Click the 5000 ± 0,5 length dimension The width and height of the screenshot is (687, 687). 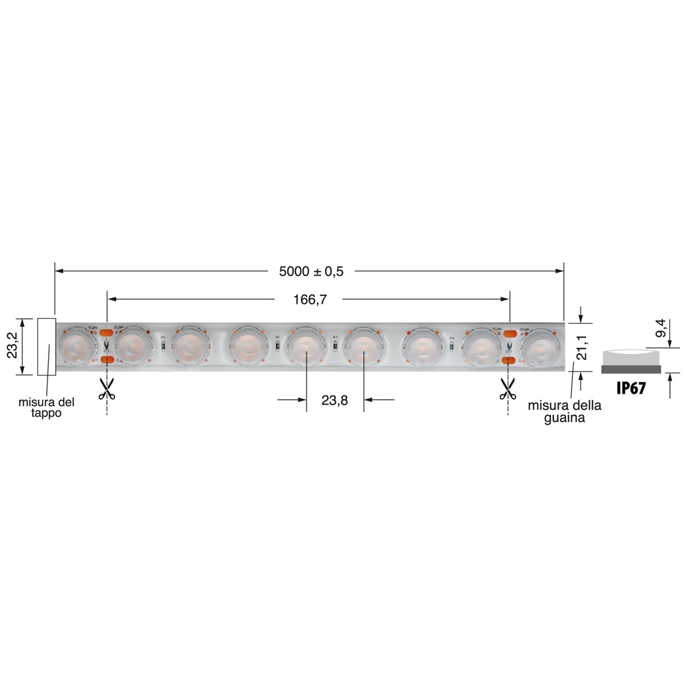311,271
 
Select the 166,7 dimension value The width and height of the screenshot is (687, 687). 308,299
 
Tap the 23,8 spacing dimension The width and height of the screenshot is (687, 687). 335,400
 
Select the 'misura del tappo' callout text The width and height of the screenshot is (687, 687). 46,407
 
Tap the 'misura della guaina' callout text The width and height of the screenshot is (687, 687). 565,412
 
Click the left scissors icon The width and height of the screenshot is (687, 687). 106,389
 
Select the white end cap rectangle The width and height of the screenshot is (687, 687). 46,346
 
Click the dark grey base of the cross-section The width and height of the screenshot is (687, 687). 631,369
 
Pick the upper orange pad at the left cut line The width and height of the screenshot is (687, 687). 107,333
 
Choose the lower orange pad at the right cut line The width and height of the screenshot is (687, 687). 510,359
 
